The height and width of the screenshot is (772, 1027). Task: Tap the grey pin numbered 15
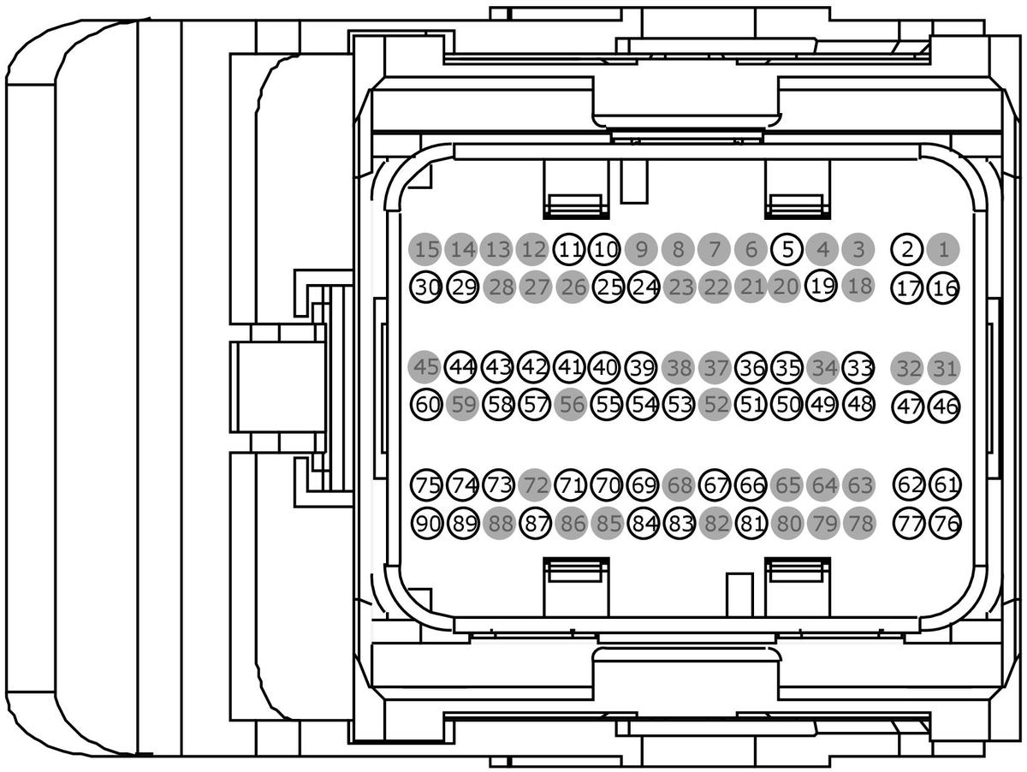point(425,250)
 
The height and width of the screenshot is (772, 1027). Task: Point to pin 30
point(425,287)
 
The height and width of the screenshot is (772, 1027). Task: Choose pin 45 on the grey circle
point(425,368)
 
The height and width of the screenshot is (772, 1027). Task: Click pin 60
point(425,404)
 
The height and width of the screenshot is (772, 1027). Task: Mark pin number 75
point(425,485)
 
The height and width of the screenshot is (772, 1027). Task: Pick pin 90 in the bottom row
point(425,522)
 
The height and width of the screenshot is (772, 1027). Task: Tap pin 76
point(944,522)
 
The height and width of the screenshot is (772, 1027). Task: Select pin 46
point(944,406)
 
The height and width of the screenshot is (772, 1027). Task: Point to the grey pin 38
point(679,368)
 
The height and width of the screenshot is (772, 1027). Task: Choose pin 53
point(679,404)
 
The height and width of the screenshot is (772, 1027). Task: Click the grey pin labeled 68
point(679,485)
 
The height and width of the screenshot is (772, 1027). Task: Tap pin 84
point(643,522)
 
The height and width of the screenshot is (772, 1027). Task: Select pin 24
point(643,287)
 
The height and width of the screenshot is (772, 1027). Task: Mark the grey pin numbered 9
point(641,250)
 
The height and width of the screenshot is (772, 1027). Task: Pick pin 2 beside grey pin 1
point(907,250)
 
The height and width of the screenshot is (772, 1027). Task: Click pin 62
point(908,485)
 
